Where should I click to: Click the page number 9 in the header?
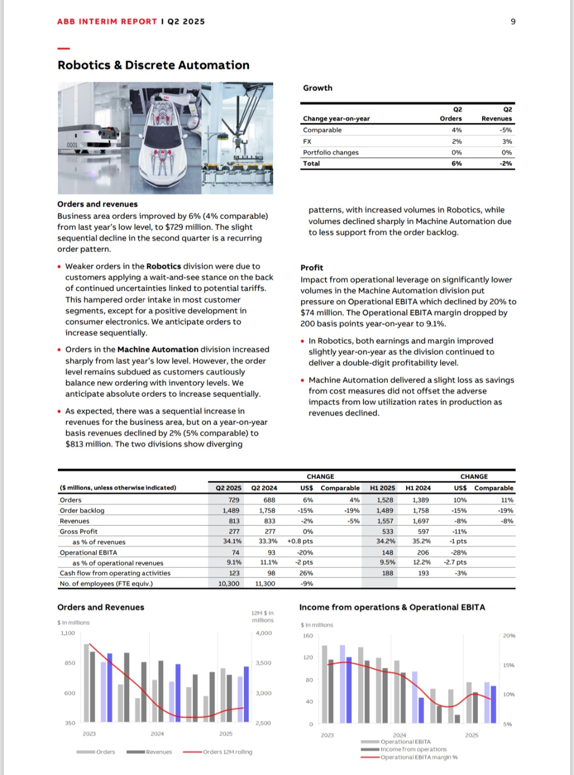pos(513,22)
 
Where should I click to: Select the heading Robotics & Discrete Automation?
pos(153,65)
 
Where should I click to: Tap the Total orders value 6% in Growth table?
pos(457,164)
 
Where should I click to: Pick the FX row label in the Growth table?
pos(307,142)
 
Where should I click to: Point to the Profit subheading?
pos(311,268)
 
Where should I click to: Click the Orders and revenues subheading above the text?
pos(97,205)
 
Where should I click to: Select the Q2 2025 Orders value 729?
pos(234,500)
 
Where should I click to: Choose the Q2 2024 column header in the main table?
pos(264,488)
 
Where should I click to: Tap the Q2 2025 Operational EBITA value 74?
pos(235,553)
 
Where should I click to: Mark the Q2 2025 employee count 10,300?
pos(229,584)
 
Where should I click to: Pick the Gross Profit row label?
pos(79,532)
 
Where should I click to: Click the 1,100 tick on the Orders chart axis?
pos(68,633)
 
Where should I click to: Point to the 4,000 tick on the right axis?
pos(264,633)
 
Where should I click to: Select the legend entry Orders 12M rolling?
pos(227,752)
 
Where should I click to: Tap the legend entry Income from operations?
pos(413,750)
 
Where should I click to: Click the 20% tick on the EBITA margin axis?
pos(509,636)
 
